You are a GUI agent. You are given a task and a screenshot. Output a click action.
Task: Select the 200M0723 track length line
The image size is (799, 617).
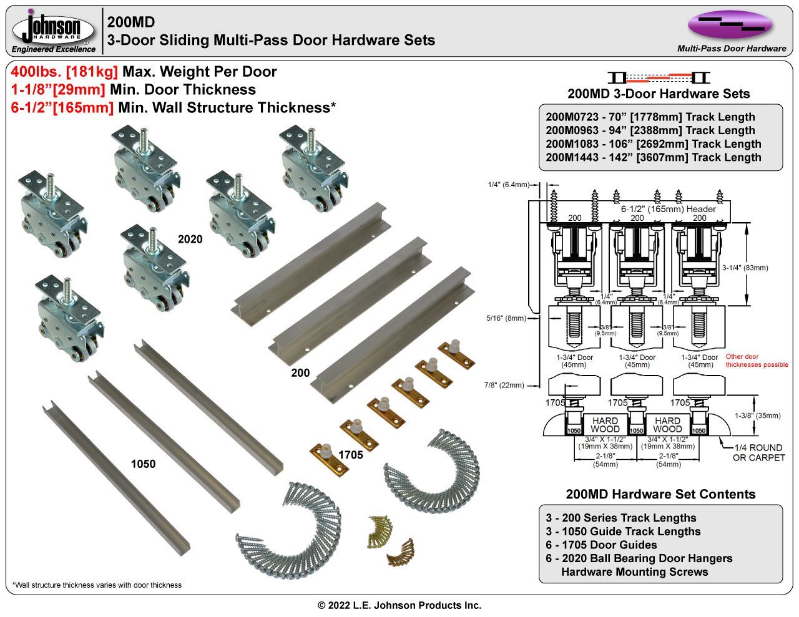pyautogui.click(x=650, y=117)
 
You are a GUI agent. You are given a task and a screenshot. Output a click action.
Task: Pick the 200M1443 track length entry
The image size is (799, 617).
pyautogui.click(x=653, y=157)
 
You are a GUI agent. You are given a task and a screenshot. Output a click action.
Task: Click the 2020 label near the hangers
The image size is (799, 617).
pyautogui.click(x=190, y=239)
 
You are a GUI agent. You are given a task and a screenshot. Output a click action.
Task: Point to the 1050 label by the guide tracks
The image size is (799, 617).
pyautogui.click(x=143, y=464)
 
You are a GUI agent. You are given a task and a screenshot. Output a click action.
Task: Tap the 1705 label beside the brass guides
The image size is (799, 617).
pyautogui.click(x=350, y=455)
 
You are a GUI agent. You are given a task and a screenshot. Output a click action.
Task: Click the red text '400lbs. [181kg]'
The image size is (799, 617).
pyautogui.click(x=64, y=72)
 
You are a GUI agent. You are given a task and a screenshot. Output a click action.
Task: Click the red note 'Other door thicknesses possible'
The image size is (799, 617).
pyautogui.click(x=756, y=361)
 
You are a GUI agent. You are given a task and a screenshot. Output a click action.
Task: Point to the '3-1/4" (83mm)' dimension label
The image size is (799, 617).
pyautogui.click(x=745, y=268)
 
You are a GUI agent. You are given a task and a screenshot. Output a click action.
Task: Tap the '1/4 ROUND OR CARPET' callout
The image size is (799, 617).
pyautogui.click(x=758, y=452)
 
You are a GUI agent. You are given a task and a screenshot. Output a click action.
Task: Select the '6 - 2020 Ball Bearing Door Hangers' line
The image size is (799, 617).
pyautogui.click(x=639, y=558)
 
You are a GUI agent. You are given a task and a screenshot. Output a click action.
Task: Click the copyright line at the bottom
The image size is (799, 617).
pyautogui.click(x=399, y=605)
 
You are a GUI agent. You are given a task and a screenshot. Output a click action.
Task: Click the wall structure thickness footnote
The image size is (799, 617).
pyautogui.click(x=97, y=585)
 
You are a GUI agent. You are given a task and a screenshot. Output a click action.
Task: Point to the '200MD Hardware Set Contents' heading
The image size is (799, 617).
pyautogui.click(x=660, y=494)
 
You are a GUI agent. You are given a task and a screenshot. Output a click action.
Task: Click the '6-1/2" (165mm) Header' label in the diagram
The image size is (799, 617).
pyautogui.click(x=668, y=209)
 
